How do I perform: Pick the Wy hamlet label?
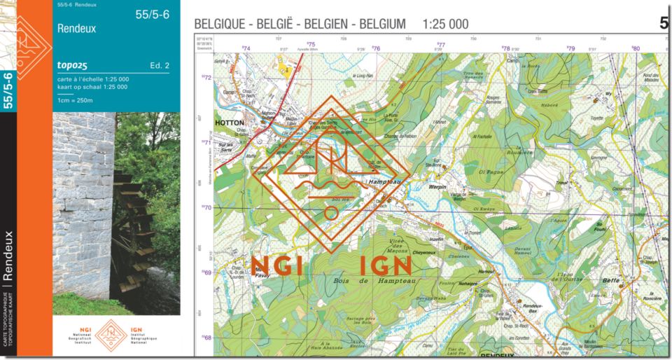(608, 93)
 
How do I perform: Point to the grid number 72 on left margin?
(207, 78)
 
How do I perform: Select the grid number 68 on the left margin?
(207, 338)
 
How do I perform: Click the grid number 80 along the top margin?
(636, 48)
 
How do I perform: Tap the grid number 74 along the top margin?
(246, 48)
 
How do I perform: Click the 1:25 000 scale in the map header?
(445, 25)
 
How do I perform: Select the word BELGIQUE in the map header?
(222, 25)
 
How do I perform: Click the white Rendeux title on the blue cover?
(77, 29)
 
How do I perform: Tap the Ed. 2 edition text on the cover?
(160, 66)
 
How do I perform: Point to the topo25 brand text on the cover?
(73, 66)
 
